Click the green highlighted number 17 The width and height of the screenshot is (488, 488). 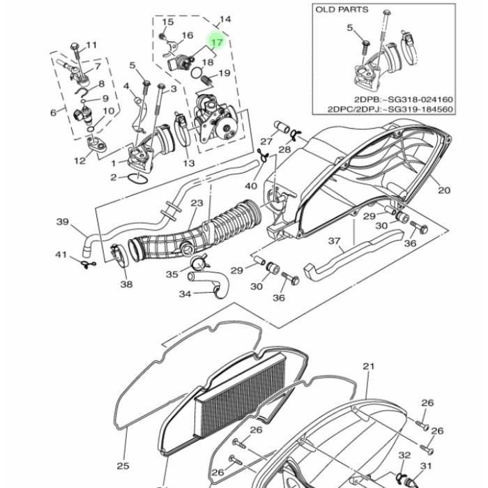[x=216, y=42]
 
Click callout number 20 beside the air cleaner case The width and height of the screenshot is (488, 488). [x=444, y=190]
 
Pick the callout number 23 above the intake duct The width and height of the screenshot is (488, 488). [x=197, y=204]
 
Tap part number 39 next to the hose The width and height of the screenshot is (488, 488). [x=63, y=222]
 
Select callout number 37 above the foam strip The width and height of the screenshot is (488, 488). [x=335, y=242]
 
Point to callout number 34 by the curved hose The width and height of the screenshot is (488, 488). [x=185, y=294]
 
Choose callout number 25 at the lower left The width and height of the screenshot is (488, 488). [x=123, y=447]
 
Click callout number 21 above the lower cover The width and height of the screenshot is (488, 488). [x=369, y=367]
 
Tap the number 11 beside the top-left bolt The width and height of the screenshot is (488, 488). [x=91, y=46]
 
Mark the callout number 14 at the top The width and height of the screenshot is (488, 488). [x=224, y=19]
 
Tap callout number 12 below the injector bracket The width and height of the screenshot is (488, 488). [x=79, y=161]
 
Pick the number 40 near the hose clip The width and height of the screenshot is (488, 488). [x=251, y=186]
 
